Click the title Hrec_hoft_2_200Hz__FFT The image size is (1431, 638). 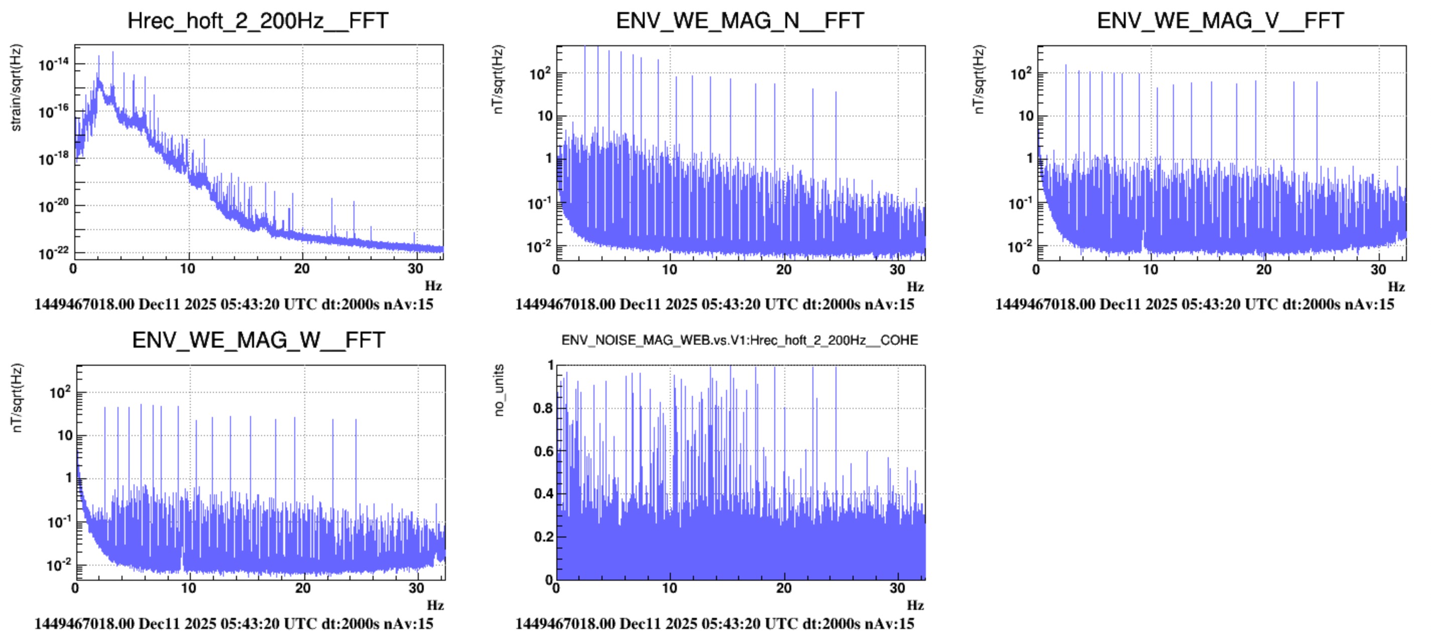point(258,21)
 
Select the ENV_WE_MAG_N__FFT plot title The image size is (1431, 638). point(740,21)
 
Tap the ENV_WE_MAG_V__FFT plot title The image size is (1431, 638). point(1221,21)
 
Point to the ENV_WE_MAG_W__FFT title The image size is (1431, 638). point(258,340)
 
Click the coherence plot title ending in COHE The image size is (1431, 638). point(740,340)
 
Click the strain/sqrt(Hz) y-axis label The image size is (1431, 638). point(17,88)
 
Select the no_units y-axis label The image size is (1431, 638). point(499,390)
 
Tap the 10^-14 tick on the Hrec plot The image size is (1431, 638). point(54,64)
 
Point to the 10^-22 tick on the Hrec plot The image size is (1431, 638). point(54,253)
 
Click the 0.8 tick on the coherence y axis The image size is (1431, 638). point(543,408)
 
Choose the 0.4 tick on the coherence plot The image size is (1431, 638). point(543,494)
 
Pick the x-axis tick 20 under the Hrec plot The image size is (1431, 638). point(302,269)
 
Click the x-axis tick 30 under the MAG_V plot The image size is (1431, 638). point(1378,270)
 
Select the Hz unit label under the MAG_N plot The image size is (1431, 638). point(915,287)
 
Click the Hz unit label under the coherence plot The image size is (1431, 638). point(915,605)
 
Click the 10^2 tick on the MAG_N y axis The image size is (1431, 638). point(539,73)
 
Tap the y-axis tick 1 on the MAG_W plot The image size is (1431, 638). point(69,478)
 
